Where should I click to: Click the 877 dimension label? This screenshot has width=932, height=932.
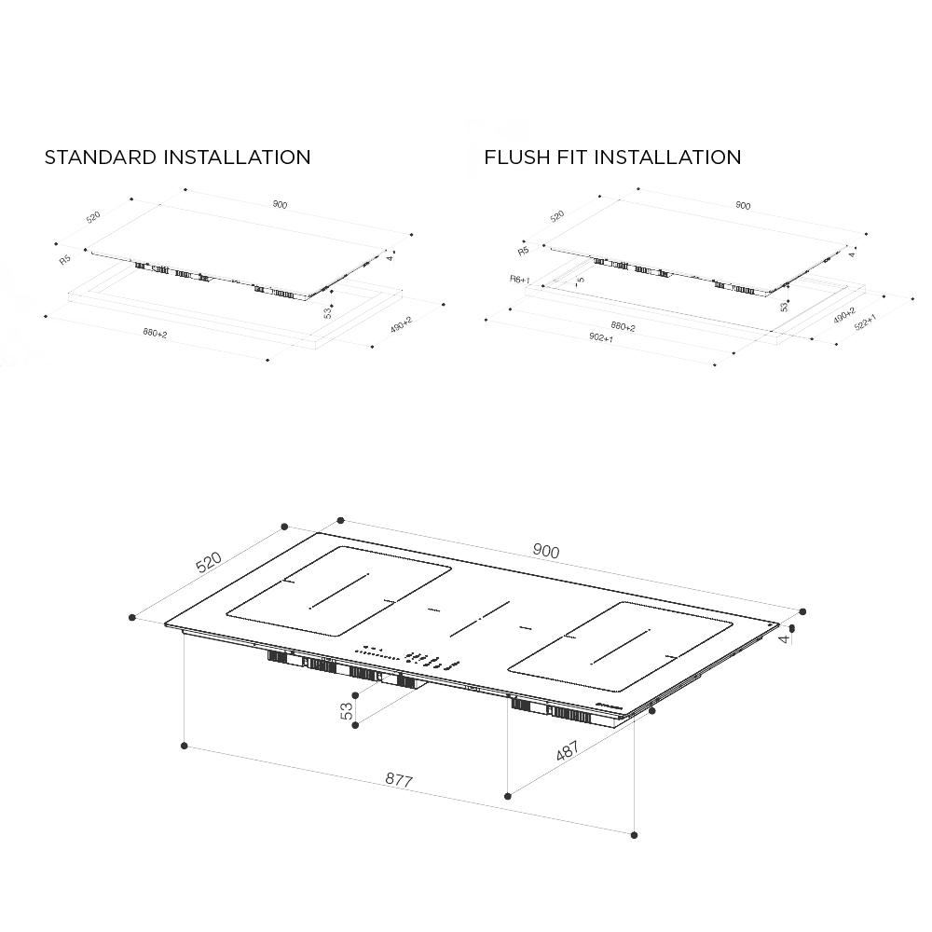tap(398, 780)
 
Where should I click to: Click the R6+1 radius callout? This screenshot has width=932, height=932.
tap(520, 279)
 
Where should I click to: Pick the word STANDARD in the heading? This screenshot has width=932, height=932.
tap(101, 158)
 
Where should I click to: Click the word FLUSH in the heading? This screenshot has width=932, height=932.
tap(514, 158)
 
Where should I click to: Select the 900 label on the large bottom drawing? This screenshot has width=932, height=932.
tap(546, 552)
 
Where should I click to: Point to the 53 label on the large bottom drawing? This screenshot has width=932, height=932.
tap(348, 711)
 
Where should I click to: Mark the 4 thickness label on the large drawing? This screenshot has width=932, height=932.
tap(786, 637)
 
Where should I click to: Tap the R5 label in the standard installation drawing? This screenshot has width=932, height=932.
tap(65, 259)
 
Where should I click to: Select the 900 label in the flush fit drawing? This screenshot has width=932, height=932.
tap(743, 206)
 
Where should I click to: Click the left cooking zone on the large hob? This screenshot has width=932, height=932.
tap(338, 591)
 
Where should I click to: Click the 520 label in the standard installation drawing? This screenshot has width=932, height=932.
tap(93, 217)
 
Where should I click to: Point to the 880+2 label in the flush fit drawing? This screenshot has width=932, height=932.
tap(623, 326)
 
